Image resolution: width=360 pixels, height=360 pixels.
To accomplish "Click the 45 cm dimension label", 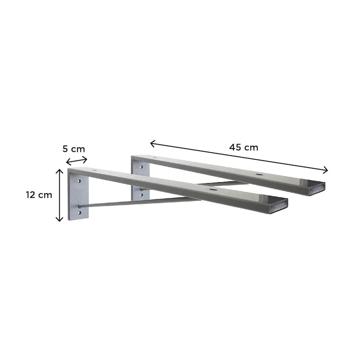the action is point(243,147).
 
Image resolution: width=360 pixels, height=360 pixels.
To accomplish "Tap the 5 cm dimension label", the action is point(74,149).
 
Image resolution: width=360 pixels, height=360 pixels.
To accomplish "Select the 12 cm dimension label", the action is point(39,195).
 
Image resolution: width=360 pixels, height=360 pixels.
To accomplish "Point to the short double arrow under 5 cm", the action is point(76,161).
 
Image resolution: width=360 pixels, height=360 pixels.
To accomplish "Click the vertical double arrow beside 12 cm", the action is point(59,195).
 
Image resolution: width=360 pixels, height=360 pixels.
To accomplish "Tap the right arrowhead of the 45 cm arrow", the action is point(325,170).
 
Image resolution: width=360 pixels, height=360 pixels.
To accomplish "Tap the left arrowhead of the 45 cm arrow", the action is point(153,144).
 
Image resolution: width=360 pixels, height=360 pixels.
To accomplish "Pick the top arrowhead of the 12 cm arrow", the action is point(59,171).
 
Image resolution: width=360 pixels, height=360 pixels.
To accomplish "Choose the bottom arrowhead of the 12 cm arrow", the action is point(59,219).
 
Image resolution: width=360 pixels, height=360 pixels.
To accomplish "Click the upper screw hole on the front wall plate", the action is point(79,181).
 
